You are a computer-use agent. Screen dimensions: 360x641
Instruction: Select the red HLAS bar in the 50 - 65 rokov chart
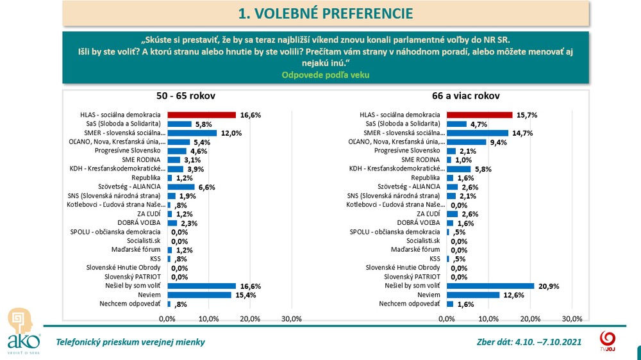(x=201, y=115)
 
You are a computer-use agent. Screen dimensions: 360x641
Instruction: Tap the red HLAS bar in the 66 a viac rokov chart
(x=479, y=115)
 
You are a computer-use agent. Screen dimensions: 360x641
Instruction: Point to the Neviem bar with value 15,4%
(x=199, y=295)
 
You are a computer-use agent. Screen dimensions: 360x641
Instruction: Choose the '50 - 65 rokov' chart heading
(x=186, y=96)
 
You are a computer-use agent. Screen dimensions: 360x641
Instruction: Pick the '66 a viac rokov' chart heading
(x=465, y=96)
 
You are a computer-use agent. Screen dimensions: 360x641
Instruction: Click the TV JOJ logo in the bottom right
(x=608, y=340)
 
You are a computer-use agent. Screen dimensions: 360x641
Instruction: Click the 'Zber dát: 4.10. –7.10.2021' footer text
(x=529, y=342)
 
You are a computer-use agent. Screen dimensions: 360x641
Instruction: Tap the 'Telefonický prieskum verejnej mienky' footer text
(x=131, y=342)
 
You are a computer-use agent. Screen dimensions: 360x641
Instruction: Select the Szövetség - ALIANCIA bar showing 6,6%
(x=181, y=186)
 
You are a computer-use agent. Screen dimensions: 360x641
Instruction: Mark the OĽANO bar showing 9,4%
(x=466, y=142)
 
